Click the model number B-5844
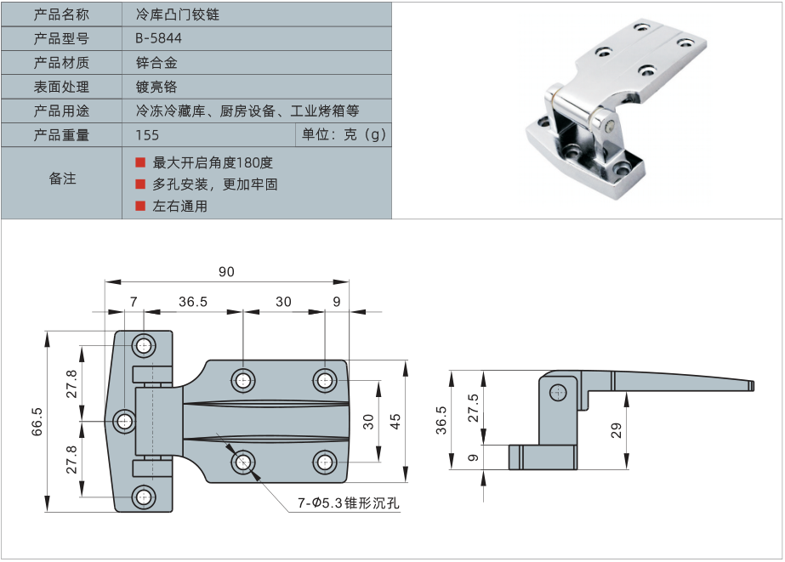tap(158, 38)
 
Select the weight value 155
tap(147, 135)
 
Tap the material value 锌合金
tap(156, 63)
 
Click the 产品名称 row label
tap(61, 14)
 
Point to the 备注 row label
tap(62, 179)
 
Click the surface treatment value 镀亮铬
tap(156, 87)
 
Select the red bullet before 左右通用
tap(141, 206)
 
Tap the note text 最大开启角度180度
tap(213, 162)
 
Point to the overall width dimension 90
tap(226, 272)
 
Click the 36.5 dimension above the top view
tap(193, 302)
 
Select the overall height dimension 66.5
tap(37, 421)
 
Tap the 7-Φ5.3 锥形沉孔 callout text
tap(348, 503)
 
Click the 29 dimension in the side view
tap(617, 430)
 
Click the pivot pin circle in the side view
tap(559, 392)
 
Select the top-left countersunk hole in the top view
tap(144, 346)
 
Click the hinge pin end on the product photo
tap(611, 126)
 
